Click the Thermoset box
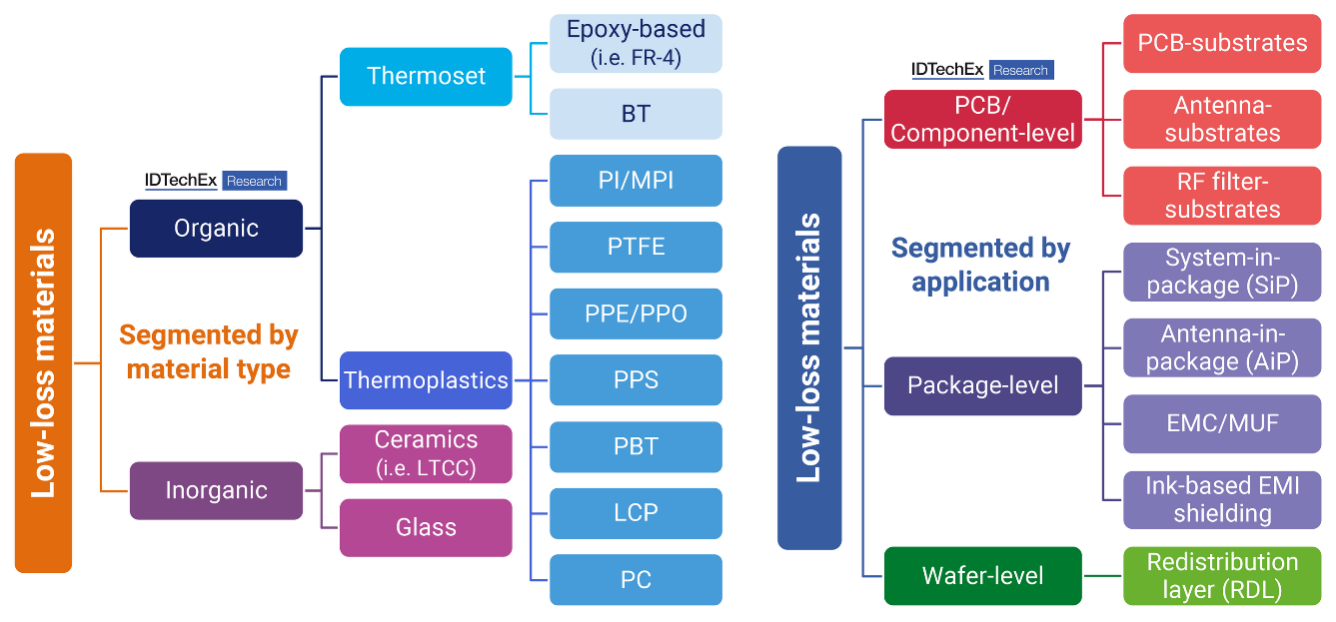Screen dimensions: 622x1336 [426, 77]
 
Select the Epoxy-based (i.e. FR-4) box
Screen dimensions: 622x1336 [636, 43]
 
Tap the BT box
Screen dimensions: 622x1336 [636, 114]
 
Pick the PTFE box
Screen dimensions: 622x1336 [636, 247]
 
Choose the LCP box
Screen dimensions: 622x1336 [636, 513]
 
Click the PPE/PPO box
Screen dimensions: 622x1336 [636, 313]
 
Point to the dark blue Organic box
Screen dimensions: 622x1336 [216, 229]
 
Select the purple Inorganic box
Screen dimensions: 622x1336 [216, 490]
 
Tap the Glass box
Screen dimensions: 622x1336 [426, 527]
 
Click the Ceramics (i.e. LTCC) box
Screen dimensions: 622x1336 [426, 454]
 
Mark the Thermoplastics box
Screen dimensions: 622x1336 [426, 380]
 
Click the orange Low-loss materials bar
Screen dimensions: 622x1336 [43, 362]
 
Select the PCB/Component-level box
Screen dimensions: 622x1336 [982, 120]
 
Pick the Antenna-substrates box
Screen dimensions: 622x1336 [1222, 120]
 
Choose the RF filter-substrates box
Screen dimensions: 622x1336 [1222, 196]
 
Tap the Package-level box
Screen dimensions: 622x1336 [982, 385]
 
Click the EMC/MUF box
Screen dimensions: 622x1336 [1222, 423]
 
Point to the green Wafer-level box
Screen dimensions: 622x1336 [982, 576]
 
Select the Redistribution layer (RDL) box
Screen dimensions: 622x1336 [1222, 576]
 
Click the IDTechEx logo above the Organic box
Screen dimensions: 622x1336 [216, 181]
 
